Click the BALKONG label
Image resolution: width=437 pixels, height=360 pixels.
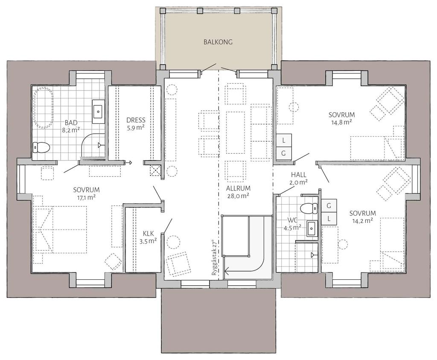[218, 42]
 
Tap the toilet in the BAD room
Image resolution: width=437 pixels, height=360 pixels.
[41, 147]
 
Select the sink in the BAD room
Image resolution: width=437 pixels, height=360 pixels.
[98, 111]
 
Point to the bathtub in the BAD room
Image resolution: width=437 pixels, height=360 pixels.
[44, 108]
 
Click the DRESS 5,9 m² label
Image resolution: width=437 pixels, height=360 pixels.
[136, 124]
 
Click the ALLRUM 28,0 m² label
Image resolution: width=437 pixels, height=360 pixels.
[238, 192]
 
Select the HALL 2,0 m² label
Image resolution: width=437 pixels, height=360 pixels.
[299, 179]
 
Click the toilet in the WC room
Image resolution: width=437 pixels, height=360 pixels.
[309, 208]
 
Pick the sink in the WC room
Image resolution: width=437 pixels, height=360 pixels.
[312, 228]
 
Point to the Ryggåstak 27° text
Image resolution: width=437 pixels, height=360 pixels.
[214, 257]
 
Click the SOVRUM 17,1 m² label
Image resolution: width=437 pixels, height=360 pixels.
[86, 193]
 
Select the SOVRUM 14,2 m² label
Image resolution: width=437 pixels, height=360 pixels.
[363, 217]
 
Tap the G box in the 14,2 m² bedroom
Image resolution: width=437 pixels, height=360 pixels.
[329, 206]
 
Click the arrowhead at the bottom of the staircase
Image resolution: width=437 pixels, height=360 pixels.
[227, 269]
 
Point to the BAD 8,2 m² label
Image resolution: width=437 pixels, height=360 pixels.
[71, 126]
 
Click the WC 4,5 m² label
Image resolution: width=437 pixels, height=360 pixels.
[292, 224]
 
